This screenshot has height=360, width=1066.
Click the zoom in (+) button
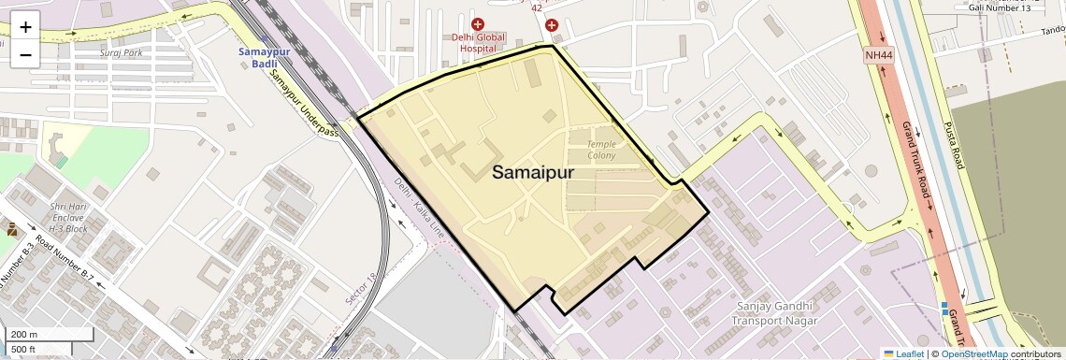click(25, 26)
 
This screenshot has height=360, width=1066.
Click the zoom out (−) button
click(25, 54)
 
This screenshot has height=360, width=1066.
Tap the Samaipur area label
click(533, 172)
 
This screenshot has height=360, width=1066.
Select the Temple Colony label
click(601, 150)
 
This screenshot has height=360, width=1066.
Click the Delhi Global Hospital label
click(478, 43)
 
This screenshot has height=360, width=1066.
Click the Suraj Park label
click(122, 53)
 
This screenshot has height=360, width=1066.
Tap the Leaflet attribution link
click(903, 353)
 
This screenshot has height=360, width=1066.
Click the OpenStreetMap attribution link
click(973, 353)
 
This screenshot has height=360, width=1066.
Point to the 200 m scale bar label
click(24, 335)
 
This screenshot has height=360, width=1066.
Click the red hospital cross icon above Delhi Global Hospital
click(478, 24)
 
